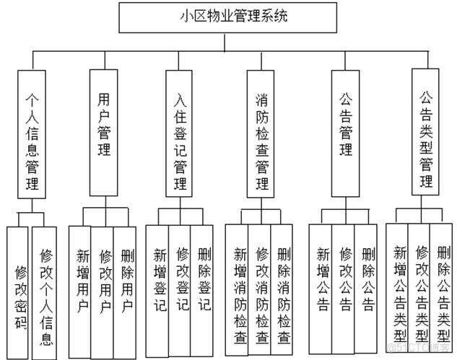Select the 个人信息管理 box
coord(31,133)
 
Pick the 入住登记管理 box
coord(180,133)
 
